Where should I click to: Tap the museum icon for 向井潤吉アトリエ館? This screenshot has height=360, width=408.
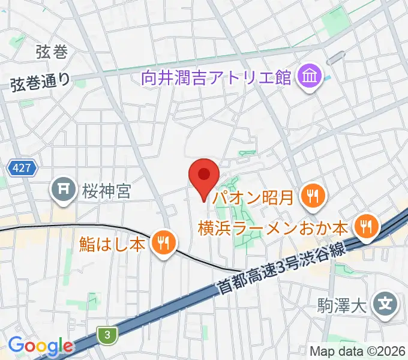pyautogui.click(x=310, y=77)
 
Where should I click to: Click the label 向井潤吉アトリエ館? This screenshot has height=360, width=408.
pyautogui.click(x=217, y=77)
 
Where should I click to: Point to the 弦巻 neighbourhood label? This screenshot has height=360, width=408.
pyautogui.click(x=51, y=52)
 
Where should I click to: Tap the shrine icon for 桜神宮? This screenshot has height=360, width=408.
pyautogui.click(x=63, y=191)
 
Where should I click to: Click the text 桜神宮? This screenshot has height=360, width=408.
pyautogui.click(x=107, y=192)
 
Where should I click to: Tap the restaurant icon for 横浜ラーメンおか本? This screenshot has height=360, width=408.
pyautogui.click(x=365, y=227)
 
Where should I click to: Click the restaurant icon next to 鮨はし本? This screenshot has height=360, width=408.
pyautogui.click(x=163, y=243)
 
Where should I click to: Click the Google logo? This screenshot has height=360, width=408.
pyautogui.click(x=40, y=346)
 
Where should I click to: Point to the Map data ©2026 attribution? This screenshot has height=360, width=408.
pyautogui.click(x=357, y=350)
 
